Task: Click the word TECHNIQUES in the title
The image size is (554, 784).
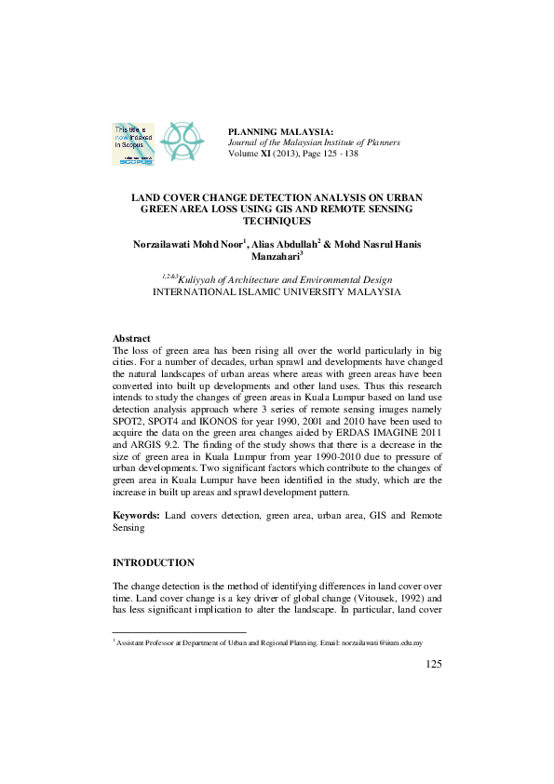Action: [x=277, y=222]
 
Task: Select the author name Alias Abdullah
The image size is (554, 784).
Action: [x=283, y=244]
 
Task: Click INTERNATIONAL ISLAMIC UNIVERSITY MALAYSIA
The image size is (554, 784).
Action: [x=277, y=291]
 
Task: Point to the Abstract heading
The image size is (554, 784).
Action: [x=131, y=338]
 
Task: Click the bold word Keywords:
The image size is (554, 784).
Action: [x=136, y=514]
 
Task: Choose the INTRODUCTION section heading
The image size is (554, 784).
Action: [x=154, y=562]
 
